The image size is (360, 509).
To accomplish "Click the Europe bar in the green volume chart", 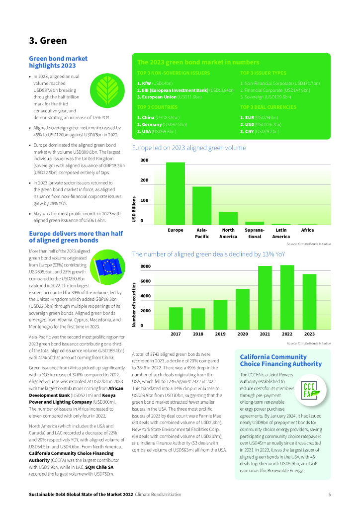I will coord(176,193).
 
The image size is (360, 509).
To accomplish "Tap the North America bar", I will coord(228,218).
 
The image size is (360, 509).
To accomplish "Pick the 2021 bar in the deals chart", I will coord(265,298).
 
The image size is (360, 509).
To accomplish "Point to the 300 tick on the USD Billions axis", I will coord(144,161).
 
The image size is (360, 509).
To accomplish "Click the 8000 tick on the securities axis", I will coord(145,266).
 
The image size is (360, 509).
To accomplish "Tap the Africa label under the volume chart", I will coord(307,230).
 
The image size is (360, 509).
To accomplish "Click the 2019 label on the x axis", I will coord(220,334).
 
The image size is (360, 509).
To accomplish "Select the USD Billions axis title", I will coord(134,210).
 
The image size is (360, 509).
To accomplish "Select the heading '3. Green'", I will coord(48,41).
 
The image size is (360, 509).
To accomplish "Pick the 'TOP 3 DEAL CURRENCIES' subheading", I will coord(268,107).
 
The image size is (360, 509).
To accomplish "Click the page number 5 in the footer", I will coord(329,495).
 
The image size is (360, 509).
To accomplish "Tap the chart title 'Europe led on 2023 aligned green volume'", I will coord(188,148).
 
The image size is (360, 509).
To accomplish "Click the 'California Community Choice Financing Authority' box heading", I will coord(273,360).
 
